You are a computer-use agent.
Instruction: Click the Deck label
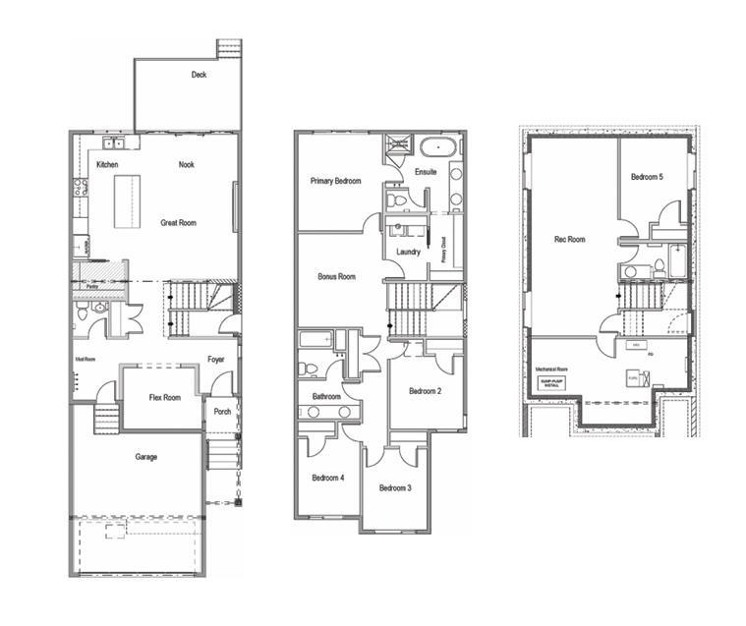click(x=200, y=75)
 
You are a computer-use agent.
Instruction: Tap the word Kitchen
click(x=107, y=165)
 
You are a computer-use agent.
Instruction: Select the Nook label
click(x=186, y=165)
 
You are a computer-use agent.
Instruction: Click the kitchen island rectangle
click(x=128, y=200)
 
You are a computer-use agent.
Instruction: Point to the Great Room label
click(x=178, y=223)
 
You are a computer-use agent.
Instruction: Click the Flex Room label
click(x=164, y=398)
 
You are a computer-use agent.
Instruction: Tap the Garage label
click(x=146, y=457)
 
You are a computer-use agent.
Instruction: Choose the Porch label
click(x=222, y=412)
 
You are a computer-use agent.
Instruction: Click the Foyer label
click(x=216, y=360)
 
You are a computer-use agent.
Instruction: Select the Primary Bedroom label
click(x=335, y=181)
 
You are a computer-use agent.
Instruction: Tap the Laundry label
click(x=409, y=252)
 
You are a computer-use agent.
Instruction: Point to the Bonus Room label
click(x=336, y=277)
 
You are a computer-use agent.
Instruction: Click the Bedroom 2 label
click(x=425, y=391)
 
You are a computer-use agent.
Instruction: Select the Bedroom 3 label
click(x=394, y=488)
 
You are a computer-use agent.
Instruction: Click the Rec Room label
click(x=569, y=239)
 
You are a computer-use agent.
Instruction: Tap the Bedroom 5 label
click(x=647, y=176)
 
